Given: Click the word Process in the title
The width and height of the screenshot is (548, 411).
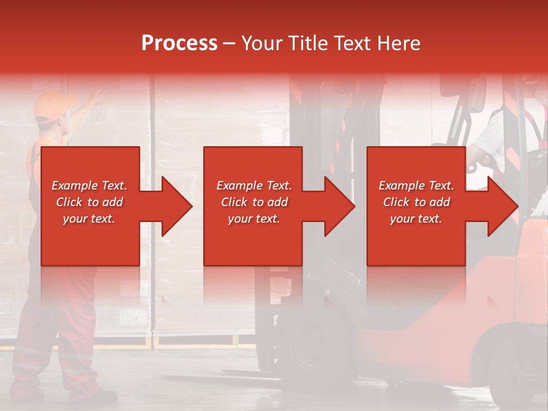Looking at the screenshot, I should click(179, 43).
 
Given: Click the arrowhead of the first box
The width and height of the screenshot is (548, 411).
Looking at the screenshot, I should click(174, 206).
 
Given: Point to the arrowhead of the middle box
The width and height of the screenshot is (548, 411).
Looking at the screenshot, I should click(336, 206).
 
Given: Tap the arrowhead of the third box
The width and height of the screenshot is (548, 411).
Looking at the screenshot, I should click(499, 206).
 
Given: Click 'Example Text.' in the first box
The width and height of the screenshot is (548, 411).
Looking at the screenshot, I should click(89, 186).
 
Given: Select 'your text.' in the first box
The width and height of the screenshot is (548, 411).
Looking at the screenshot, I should click(89, 219).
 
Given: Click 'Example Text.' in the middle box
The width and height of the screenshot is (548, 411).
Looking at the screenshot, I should click(254, 186).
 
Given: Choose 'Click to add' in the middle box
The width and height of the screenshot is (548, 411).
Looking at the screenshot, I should click(254, 202).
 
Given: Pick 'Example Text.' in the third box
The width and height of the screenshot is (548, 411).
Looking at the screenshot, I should click(416, 186).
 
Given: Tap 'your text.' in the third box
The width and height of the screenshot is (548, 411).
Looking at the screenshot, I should click(416, 219).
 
